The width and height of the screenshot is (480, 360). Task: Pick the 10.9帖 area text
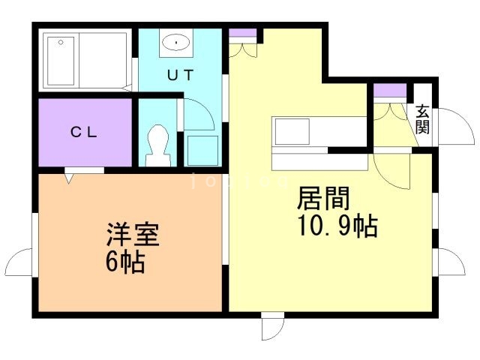pyautogui.click(x=337, y=225)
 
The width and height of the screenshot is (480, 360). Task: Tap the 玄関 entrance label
pyautogui.click(x=423, y=118)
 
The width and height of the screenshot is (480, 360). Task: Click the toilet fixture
pyautogui.click(x=157, y=143)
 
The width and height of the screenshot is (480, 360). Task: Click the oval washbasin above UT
pyautogui.click(x=175, y=43)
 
